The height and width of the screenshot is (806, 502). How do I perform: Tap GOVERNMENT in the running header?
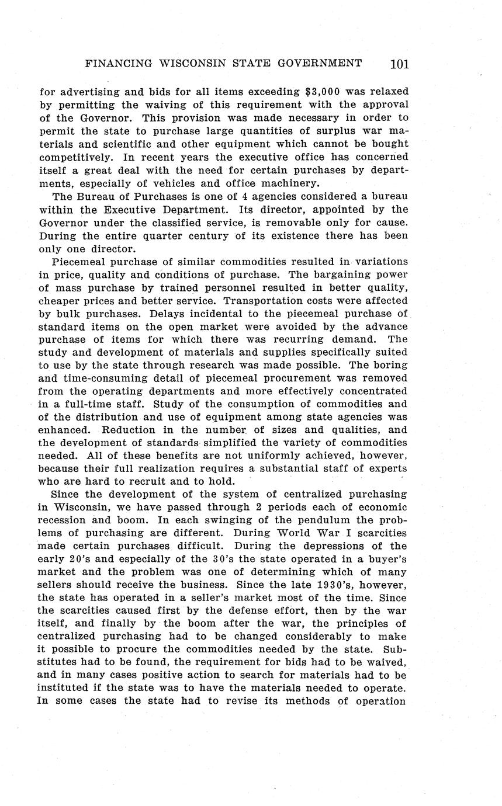point(317,63)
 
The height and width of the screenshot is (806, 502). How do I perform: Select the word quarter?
point(163,235)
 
